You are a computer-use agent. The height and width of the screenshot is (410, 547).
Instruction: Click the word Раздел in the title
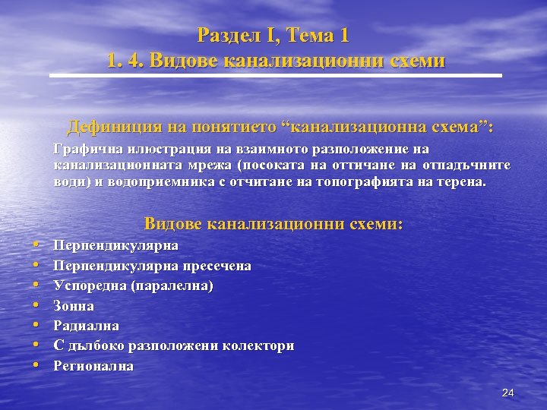pos(226,35)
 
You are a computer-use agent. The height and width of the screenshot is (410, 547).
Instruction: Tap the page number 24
pos(508,393)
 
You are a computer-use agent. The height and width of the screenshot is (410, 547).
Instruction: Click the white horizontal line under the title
pos(276,76)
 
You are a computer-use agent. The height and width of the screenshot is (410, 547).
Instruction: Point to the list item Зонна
pos(74,306)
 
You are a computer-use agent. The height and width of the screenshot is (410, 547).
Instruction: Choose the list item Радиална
pos(86,326)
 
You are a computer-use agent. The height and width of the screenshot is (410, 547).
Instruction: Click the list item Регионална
pos(93,366)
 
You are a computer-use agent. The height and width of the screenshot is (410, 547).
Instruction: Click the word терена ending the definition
pos(459,182)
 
